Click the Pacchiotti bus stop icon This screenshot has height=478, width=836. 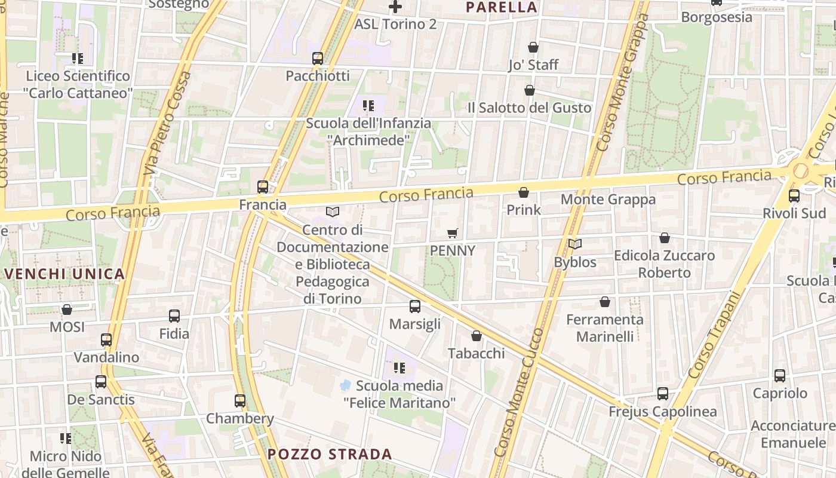point(318,59)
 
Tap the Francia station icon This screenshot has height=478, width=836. point(263,187)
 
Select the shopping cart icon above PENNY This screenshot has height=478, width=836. point(453,233)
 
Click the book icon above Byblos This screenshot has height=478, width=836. point(575,244)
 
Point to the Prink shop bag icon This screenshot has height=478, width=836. point(524,192)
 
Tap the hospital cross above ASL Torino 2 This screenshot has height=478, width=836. point(395,7)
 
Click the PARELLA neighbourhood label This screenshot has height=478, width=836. point(502,7)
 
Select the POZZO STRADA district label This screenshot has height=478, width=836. point(330,454)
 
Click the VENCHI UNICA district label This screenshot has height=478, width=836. point(65,274)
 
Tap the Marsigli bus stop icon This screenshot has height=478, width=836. point(415,307)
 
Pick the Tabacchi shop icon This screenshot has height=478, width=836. point(477,336)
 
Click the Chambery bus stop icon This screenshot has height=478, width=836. point(240,401)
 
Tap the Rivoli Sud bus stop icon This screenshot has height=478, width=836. point(794,196)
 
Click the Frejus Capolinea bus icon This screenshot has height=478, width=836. point(663,394)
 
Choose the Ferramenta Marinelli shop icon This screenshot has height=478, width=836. point(605,302)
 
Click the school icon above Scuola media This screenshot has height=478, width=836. point(399,367)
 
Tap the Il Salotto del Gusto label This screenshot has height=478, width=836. point(529,108)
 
